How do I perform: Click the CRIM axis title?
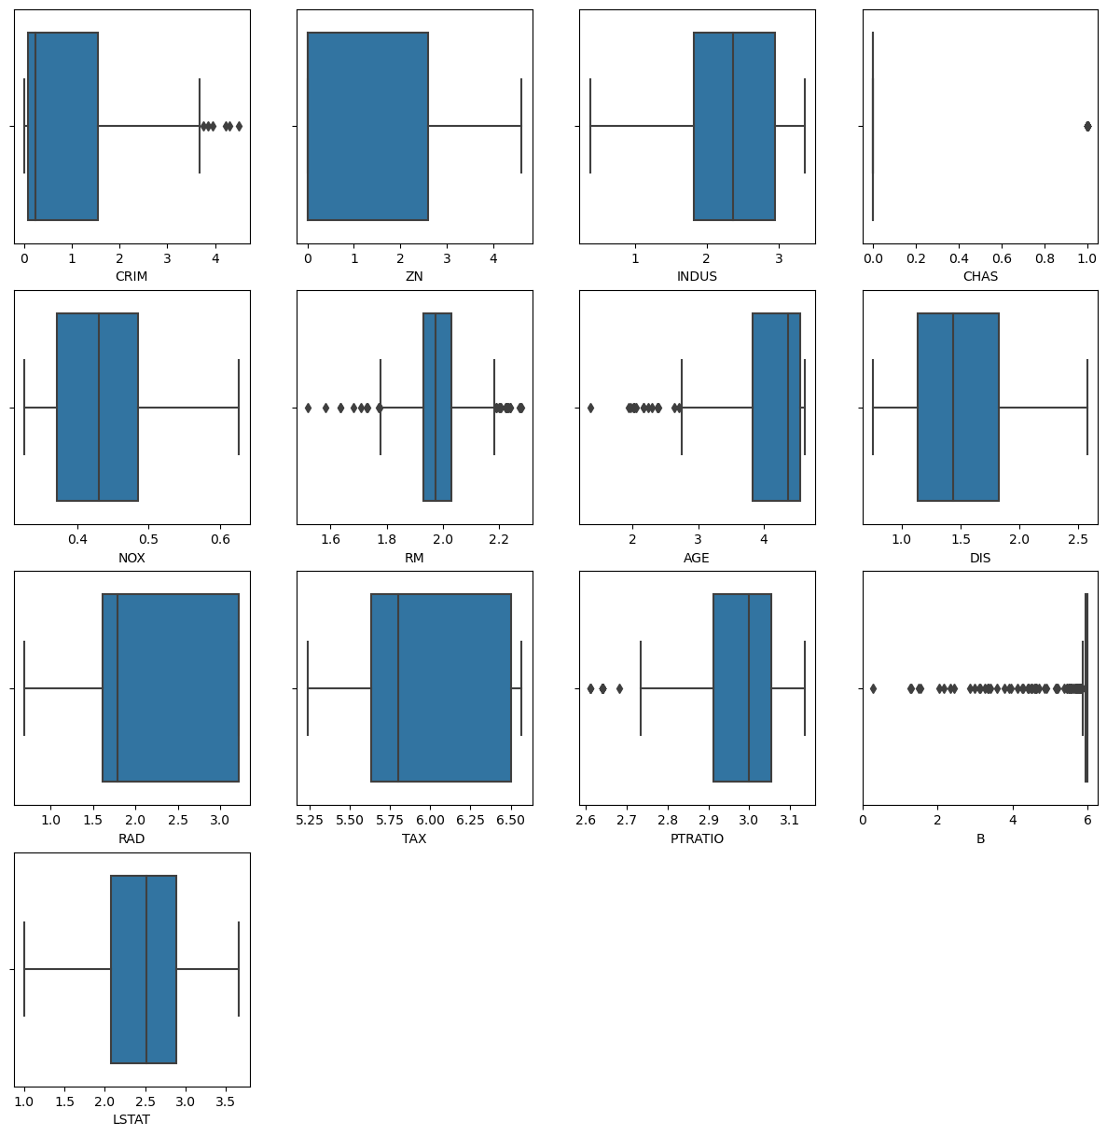pyautogui.click(x=131, y=276)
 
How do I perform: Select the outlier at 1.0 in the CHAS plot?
pyautogui.click(x=1087, y=126)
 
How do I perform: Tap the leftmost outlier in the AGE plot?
pyautogui.click(x=590, y=408)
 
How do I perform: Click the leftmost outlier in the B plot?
pyautogui.click(x=873, y=688)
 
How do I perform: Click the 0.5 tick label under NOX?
pyautogui.click(x=148, y=538)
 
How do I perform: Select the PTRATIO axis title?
pyautogui.click(x=697, y=838)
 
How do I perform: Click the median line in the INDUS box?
pyautogui.click(x=733, y=126)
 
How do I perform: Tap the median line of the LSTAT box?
pyautogui.click(x=146, y=969)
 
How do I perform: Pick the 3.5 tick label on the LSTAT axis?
pyautogui.click(x=226, y=1101)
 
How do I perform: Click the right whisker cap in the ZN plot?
pyautogui.click(x=521, y=126)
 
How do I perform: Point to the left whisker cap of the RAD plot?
pyautogui.click(x=24, y=688)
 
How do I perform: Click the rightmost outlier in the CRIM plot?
pyautogui.click(x=239, y=126)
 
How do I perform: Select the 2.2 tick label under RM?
pyautogui.click(x=499, y=538)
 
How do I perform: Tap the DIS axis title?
pyautogui.click(x=980, y=558)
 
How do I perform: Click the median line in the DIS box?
pyautogui.click(x=953, y=408)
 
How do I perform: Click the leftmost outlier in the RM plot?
pyautogui.click(x=308, y=408)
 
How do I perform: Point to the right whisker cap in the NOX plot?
pyautogui.click(x=239, y=408)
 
